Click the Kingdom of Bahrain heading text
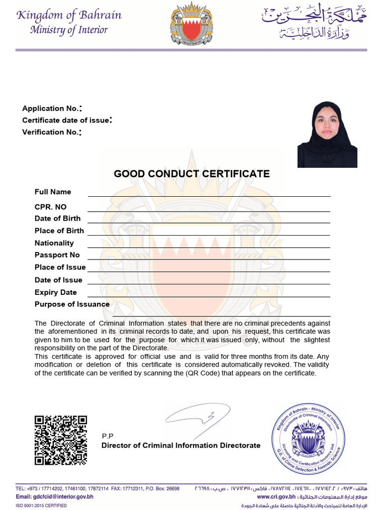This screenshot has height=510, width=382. pyautogui.click(x=69, y=15)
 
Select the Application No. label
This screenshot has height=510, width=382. pyautogui.click(x=51, y=109)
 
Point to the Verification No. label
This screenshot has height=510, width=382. pyautogui.click(x=51, y=132)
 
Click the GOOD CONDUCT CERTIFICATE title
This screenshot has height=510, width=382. pyautogui.click(x=191, y=174)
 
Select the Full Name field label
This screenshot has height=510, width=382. pyautogui.click(x=53, y=192)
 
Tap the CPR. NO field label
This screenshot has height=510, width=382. pyautogui.click(x=50, y=207)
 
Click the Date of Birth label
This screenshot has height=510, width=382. pyautogui.click(x=57, y=218)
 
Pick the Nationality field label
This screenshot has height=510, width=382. pyautogui.click(x=54, y=243)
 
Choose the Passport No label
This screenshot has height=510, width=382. pyautogui.click(x=57, y=255)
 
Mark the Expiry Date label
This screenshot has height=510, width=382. pyautogui.click(x=55, y=292)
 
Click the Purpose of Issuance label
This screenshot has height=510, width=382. pyautogui.click(x=72, y=304)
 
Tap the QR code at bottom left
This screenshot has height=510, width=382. pyautogui.click(x=61, y=440)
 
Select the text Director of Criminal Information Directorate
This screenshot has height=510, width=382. pyautogui.click(x=181, y=445)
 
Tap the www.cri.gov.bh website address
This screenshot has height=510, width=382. pyautogui.click(x=277, y=497)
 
